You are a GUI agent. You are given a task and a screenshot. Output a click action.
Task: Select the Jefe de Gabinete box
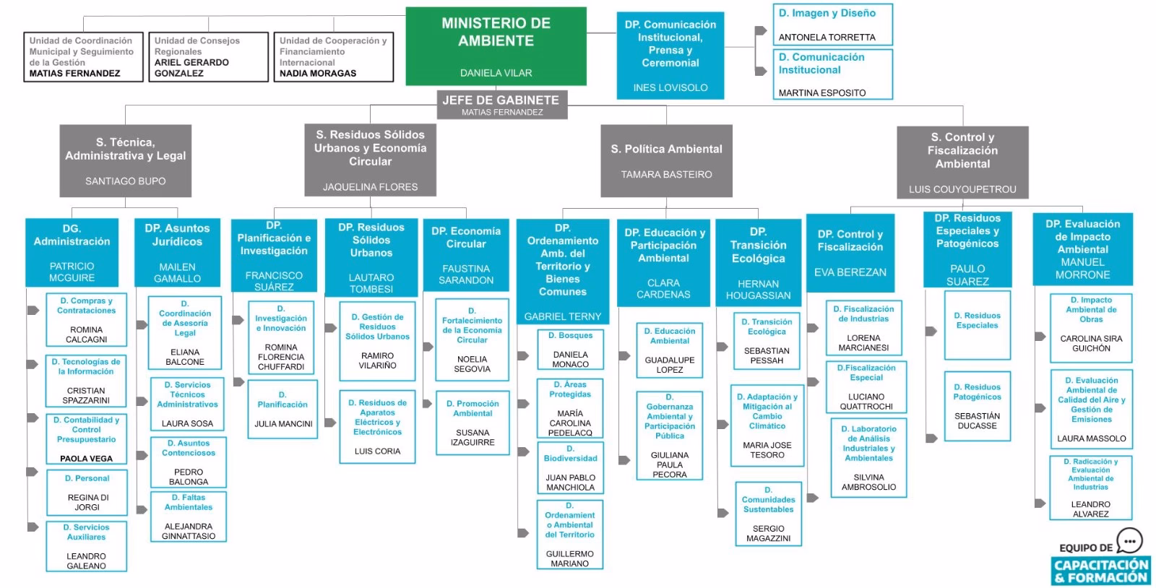point(501,104)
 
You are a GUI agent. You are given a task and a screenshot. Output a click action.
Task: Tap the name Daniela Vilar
point(496,73)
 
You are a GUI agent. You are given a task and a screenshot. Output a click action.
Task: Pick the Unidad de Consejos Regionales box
point(207,56)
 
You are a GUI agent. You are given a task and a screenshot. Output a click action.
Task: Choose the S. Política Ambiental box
point(666,160)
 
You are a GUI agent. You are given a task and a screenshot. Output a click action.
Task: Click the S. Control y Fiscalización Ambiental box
point(962,162)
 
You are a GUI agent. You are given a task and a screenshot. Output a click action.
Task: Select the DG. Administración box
point(72,251)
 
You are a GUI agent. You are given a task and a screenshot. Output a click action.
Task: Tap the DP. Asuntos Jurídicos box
point(177,251)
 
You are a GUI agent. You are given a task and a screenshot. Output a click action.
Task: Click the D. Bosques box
point(570,350)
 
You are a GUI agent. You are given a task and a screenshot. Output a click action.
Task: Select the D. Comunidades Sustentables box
point(768,514)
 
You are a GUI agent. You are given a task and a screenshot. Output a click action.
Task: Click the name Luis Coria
point(377,451)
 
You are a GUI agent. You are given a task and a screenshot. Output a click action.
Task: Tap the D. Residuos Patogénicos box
point(977,406)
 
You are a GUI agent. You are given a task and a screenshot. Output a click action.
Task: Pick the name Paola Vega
point(86,459)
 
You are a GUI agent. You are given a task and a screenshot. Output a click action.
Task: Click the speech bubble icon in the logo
point(1130,541)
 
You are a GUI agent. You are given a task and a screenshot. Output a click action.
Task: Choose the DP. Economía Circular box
point(466,254)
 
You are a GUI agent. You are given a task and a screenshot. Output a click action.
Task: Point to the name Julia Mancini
point(283,424)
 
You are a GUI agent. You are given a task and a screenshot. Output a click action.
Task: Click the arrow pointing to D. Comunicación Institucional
point(760,71)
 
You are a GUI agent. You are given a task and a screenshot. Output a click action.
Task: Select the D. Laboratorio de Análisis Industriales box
point(868,457)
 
